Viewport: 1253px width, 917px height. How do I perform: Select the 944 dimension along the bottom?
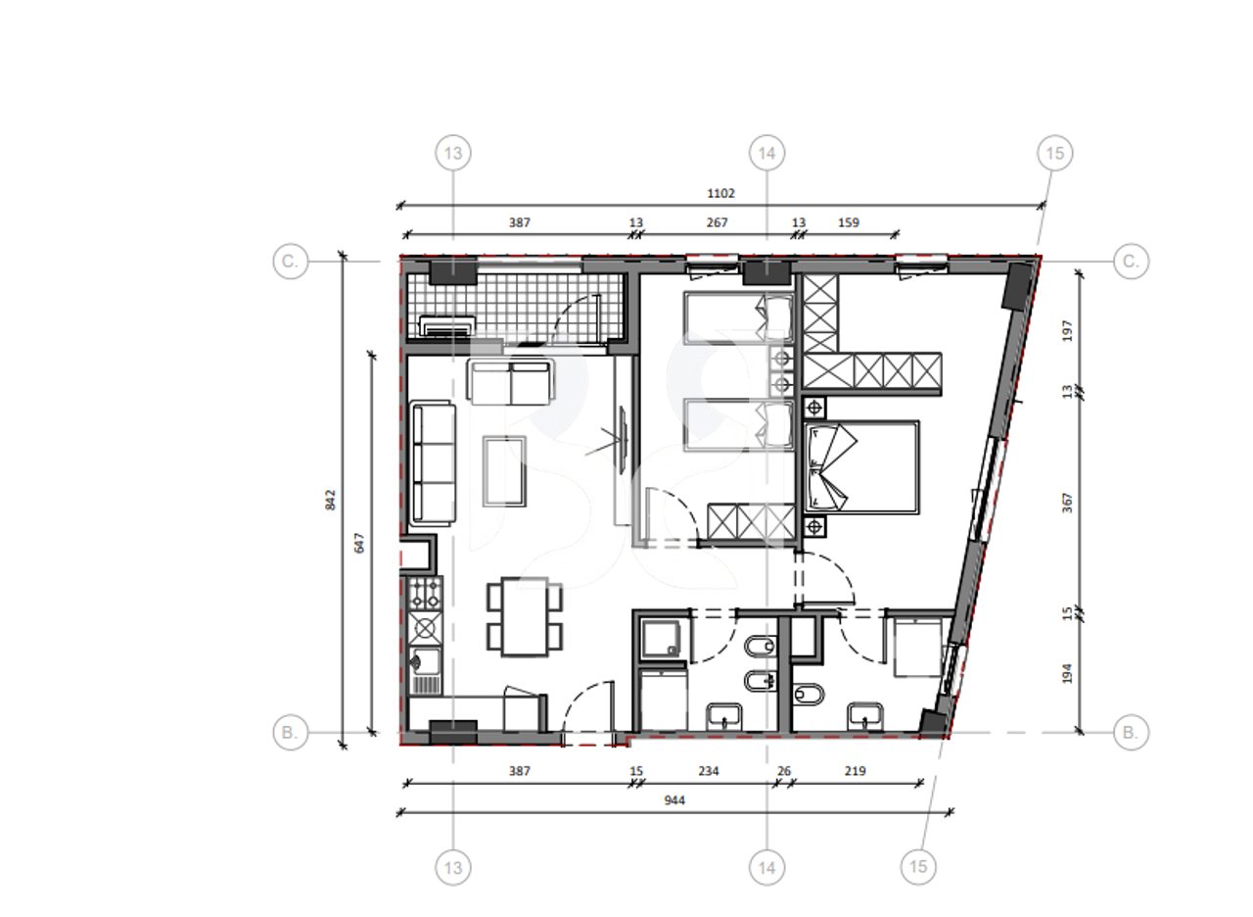coord(673,800)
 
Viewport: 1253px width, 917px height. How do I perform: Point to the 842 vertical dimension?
coord(331,500)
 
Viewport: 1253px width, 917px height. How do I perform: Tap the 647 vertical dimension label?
coord(359,542)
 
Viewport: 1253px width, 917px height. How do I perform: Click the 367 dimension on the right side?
coord(1067,502)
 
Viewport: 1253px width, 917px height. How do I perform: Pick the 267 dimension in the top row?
coord(717,222)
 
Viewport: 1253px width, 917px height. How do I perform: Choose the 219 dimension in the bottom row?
coord(855,771)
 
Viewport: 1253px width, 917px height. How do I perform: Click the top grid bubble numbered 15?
coord(1054,153)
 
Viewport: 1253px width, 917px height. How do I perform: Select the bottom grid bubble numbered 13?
coord(453,867)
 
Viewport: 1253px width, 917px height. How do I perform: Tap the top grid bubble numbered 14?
coord(766,153)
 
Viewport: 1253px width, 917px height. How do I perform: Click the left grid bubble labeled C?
coord(290,262)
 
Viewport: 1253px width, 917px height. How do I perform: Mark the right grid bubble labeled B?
coord(1131,732)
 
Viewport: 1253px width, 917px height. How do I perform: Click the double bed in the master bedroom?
coord(861,467)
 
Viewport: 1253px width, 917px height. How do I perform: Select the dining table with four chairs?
coord(525,616)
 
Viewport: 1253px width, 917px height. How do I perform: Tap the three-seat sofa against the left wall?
coord(433,463)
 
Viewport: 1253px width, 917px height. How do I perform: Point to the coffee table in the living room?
coord(505,470)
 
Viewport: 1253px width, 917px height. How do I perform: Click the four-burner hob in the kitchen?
coord(425,591)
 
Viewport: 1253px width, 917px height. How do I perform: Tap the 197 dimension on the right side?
coord(1067,329)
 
